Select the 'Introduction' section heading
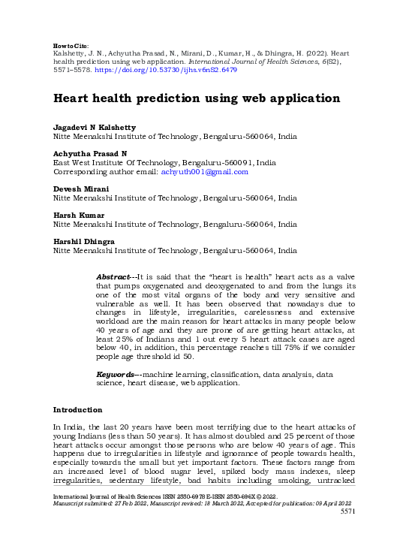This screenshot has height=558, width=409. click(x=77, y=411)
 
